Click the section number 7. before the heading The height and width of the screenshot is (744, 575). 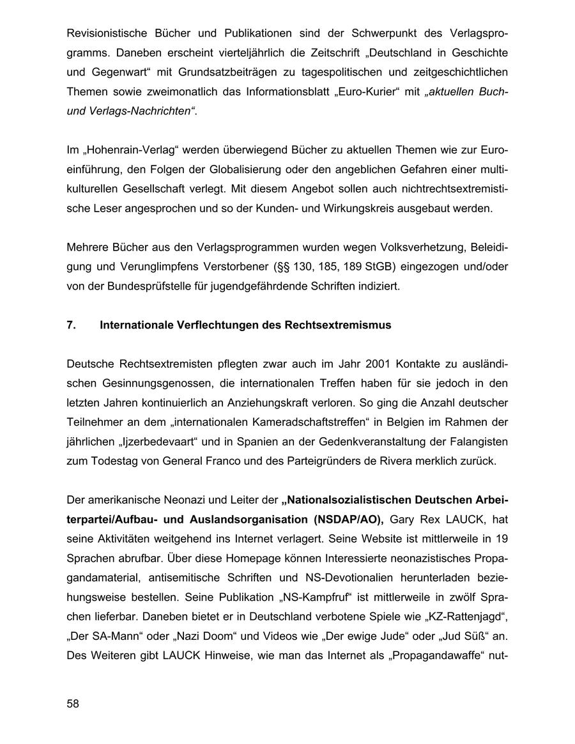[x=71, y=325]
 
